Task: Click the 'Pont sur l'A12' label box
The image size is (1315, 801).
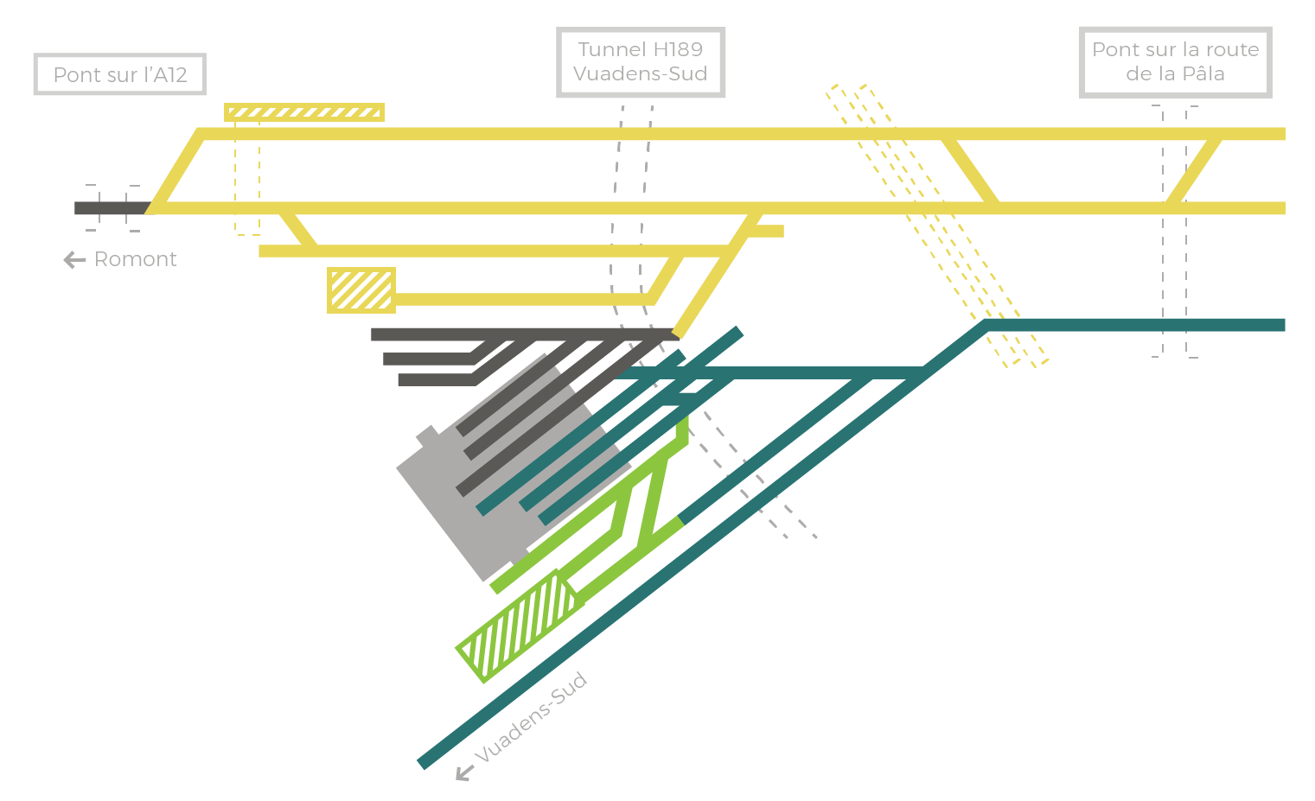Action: [120, 74]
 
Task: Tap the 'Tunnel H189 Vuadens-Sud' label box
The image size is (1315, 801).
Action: [641, 61]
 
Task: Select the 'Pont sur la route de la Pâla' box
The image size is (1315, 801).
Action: [1175, 61]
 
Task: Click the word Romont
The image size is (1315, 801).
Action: [135, 258]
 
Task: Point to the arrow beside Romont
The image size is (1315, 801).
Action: [74, 259]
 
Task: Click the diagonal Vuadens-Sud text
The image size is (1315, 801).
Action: [531, 716]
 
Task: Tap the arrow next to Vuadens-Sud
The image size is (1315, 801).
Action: [464, 772]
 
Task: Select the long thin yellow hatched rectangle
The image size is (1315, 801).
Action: [304, 112]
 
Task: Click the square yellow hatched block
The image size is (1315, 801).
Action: [361, 289]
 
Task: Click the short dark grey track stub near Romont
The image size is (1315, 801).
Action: [112, 207]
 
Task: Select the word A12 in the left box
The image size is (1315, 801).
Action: [170, 74]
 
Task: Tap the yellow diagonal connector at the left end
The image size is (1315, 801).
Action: [175, 171]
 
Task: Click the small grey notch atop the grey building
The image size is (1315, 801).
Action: [429, 436]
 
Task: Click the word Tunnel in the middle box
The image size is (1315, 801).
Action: [611, 49]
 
